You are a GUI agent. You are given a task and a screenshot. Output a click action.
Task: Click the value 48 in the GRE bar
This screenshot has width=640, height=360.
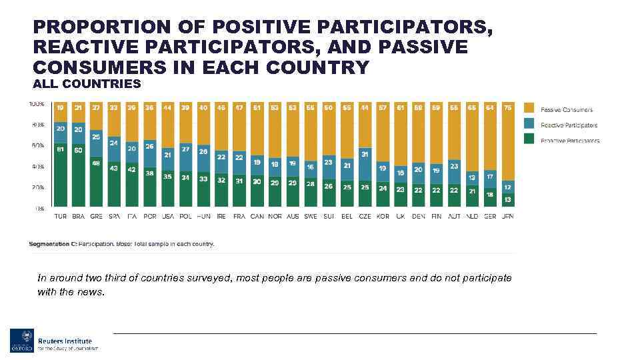pos(96,163)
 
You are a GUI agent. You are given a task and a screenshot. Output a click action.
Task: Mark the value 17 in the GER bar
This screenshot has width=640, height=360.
pos(490,177)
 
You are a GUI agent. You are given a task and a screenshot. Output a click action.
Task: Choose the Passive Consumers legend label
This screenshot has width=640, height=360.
pos(567,109)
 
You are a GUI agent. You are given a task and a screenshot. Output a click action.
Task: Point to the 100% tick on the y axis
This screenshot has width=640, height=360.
pos(37,104)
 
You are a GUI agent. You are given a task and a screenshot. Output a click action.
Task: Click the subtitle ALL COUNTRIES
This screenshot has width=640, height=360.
pos(87,84)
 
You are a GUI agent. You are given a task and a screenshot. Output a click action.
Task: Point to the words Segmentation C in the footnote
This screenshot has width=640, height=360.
pos(53,244)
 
